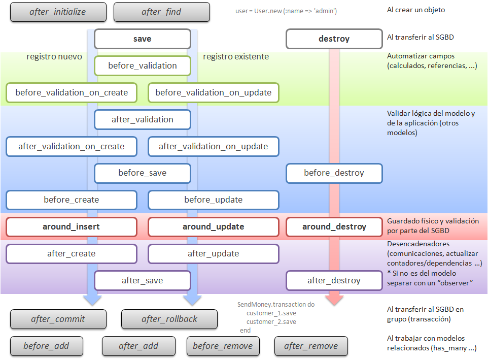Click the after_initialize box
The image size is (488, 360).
click(x=58, y=12)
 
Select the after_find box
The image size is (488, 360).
click(x=161, y=12)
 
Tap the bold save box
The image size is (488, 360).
click(x=142, y=39)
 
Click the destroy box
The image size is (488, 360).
click(x=334, y=39)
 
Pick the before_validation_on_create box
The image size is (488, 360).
click(x=72, y=92)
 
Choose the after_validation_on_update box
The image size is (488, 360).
click(x=213, y=146)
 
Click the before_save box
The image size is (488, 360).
click(x=142, y=173)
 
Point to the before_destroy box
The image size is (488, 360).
click(x=334, y=173)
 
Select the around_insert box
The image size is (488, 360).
click(x=72, y=226)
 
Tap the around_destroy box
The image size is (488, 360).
click(x=334, y=226)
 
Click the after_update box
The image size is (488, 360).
click(x=213, y=253)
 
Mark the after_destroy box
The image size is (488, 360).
click(x=334, y=280)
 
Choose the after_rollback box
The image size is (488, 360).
click(x=169, y=319)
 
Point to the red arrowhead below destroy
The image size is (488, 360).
click(x=334, y=300)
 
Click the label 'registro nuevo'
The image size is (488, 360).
click(x=54, y=57)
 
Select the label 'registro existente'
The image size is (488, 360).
click(x=236, y=57)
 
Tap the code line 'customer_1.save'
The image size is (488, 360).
click(x=271, y=313)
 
